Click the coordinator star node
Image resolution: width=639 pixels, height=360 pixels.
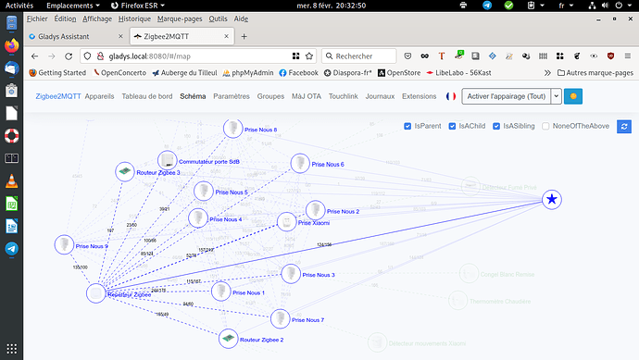click(x=552, y=199)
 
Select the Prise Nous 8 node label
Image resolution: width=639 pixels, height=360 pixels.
click(x=261, y=130)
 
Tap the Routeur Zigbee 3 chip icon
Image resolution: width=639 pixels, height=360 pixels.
click(x=123, y=172)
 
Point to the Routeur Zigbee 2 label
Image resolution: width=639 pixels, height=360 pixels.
click(x=261, y=340)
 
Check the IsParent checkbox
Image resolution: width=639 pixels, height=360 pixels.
click(x=408, y=126)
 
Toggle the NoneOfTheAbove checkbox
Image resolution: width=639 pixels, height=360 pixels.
click(x=545, y=126)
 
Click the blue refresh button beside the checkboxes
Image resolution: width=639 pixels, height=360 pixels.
click(x=624, y=126)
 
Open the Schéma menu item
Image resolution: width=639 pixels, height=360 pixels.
click(x=193, y=96)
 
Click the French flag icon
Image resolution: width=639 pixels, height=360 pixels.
click(x=451, y=96)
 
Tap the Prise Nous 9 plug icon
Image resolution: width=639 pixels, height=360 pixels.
click(x=64, y=244)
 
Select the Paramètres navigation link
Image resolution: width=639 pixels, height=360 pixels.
click(x=232, y=96)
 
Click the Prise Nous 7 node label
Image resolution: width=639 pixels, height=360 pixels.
click(x=307, y=320)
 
